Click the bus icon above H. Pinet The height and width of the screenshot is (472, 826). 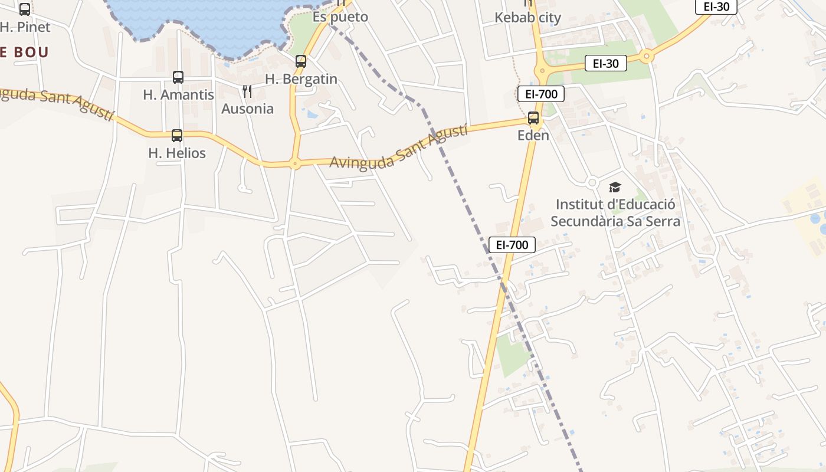click(25, 9)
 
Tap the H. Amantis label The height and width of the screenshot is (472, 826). click(178, 94)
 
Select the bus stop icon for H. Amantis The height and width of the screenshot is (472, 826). click(178, 77)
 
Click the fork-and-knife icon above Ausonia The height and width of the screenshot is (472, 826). click(247, 91)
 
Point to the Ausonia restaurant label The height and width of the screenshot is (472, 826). click(247, 109)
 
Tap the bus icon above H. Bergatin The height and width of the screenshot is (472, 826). click(301, 61)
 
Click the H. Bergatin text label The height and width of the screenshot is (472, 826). click(301, 79)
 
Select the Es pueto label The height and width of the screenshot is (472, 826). click(340, 17)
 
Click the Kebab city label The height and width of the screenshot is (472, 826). click(527, 18)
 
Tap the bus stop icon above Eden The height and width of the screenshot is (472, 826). click(533, 118)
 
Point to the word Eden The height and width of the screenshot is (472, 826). click(533, 136)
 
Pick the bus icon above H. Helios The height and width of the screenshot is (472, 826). click(177, 136)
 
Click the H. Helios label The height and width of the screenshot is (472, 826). click(177, 153)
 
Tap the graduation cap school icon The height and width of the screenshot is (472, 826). click(615, 188)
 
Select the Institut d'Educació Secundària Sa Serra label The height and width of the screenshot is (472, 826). click(615, 213)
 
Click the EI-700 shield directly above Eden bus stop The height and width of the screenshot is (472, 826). click(541, 94)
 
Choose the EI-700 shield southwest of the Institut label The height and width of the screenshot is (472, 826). click(512, 245)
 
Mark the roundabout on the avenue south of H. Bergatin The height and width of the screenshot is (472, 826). click(295, 164)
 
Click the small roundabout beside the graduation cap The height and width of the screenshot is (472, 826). click(592, 183)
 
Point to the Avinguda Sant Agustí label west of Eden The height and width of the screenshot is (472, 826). click(398, 147)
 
